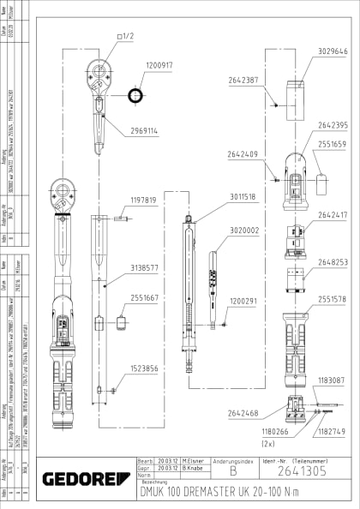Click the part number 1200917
coord(159,65)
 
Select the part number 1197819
coord(143,200)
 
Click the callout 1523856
coord(143,368)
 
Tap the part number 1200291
coord(244,302)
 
